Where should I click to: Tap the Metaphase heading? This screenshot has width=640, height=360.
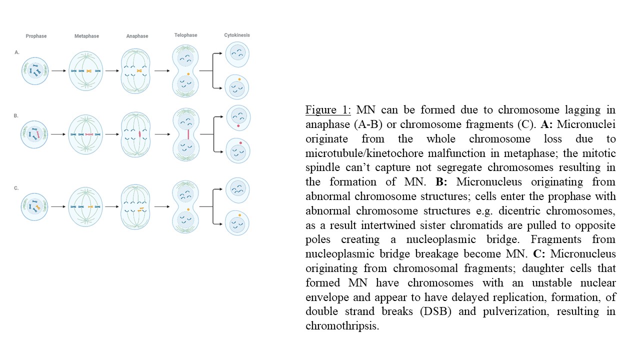(86, 36)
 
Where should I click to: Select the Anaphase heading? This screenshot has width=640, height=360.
(137, 36)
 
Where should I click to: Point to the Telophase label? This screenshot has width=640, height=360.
(185, 35)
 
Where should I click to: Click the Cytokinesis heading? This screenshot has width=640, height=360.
(236, 35)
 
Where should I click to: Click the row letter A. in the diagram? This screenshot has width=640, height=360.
(16, 52)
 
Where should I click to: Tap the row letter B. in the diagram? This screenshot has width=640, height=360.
(16, 115)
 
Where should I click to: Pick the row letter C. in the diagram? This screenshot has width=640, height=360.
(16, 188)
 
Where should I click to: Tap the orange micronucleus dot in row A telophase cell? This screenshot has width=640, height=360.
(188, 73)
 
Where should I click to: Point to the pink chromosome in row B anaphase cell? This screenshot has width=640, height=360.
(140, 134)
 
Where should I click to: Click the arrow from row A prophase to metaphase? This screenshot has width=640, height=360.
(58, 71)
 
